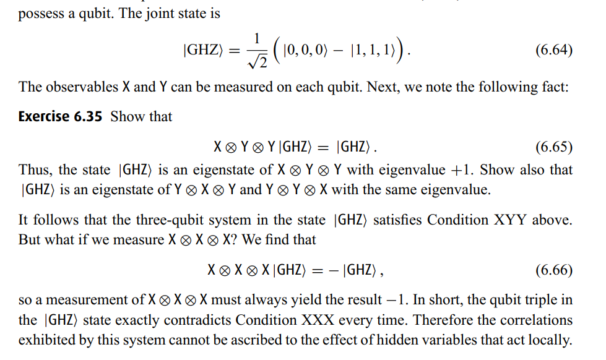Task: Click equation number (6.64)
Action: pyautogui.click(x=553, y=51)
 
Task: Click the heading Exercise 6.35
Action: pyautogui.click(x=60, y=116)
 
